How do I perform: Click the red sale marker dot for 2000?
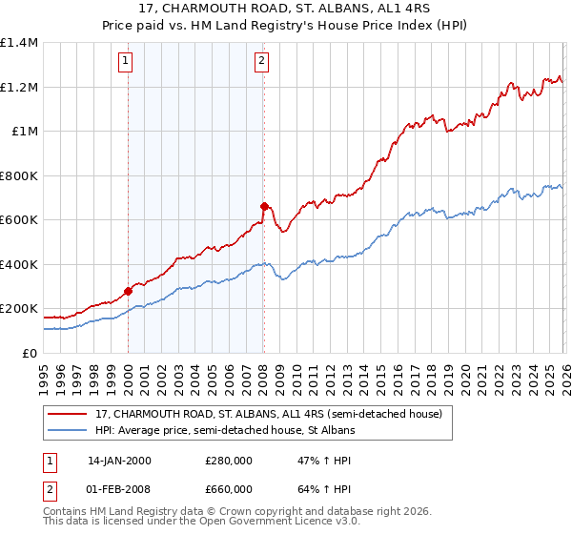128,291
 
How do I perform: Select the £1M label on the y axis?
25,132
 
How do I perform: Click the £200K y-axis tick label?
19,309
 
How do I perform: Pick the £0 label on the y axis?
29,353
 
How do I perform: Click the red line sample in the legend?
69,415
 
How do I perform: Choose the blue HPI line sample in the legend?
69,431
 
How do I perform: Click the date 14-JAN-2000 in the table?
119,461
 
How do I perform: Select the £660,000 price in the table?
229,488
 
